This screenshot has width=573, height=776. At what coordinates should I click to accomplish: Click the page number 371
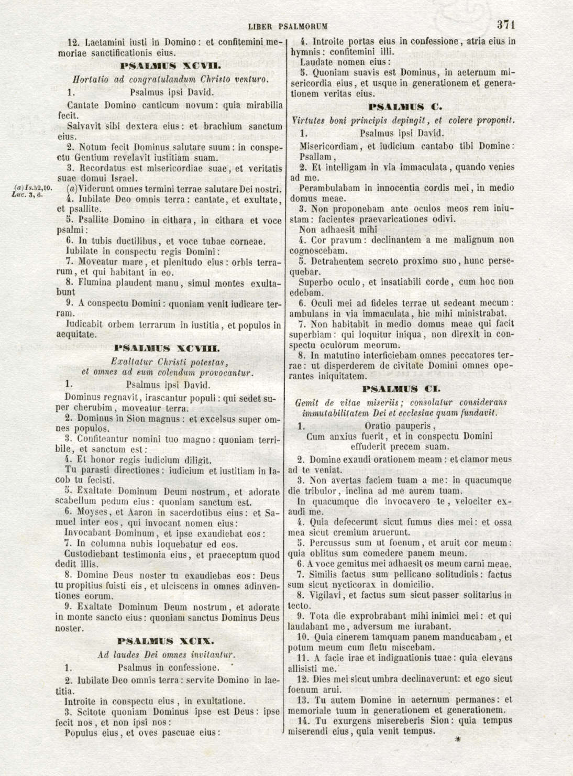point(507,24)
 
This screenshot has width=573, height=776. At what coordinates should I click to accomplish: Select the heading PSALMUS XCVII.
point(171,67)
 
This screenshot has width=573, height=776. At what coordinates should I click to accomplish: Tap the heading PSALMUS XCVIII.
point(167,348)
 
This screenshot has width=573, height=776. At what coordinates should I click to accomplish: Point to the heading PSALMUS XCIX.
point(166,641)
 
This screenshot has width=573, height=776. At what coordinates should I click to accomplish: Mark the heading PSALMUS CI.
point(402,389)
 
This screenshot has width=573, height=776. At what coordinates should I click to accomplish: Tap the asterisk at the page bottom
point(457,741)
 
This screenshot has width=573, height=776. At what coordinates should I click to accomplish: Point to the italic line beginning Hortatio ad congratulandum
point(171,80)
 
